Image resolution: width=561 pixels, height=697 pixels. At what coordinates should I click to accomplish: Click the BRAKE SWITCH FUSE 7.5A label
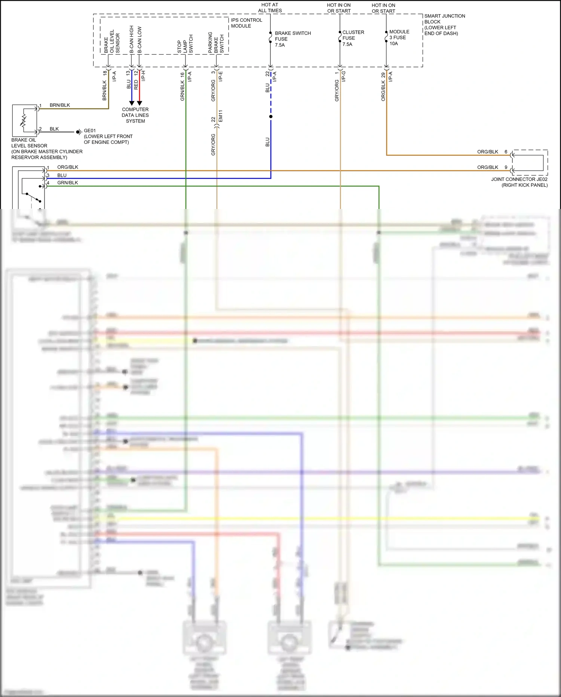[292, 39]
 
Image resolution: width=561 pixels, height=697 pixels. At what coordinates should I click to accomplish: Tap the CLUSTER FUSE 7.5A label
[353, 38]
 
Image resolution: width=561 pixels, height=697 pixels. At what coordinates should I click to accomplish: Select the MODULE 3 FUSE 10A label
[399, 37]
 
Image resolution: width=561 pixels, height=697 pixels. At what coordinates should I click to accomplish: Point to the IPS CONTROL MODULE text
[246, 23]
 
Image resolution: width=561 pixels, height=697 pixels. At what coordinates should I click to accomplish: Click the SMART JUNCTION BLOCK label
[444, 24]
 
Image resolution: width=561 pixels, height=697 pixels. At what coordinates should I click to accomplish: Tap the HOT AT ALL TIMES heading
[270, 7]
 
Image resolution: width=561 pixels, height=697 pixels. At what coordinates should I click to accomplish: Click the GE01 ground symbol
[79, 132]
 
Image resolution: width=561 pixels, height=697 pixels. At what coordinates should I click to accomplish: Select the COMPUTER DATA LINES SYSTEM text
[135, 115]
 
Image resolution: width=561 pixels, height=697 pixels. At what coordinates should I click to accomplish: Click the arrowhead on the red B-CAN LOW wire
[140, 103]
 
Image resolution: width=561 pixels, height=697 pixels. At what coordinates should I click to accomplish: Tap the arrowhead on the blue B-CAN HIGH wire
[132, 103]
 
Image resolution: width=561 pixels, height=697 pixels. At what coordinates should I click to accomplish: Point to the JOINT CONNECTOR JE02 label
[519, 182]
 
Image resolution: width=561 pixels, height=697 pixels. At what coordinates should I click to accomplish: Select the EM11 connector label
[221, 116]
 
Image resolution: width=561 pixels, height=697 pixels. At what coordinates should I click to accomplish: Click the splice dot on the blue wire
[271, 116]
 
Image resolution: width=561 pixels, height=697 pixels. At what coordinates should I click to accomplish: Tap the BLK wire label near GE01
[54, 129]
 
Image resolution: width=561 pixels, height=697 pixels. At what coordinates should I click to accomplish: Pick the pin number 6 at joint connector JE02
[506, 152]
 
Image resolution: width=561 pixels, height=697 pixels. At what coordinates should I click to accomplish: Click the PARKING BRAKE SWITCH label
[216, 42]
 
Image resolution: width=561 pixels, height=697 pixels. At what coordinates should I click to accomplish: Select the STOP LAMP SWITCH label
[185, 44]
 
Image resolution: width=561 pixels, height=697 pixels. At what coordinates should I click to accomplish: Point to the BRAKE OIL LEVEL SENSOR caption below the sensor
[47, 149]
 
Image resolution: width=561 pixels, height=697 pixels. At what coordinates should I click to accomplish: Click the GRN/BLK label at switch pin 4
[68, 183]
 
